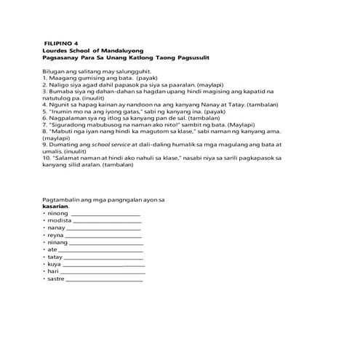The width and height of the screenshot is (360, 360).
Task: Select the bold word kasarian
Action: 56,206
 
